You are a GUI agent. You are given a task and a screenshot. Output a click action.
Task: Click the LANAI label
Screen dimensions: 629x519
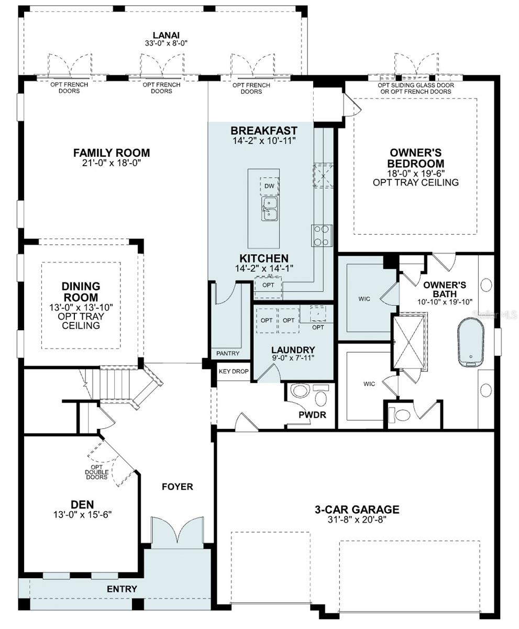point(167,35)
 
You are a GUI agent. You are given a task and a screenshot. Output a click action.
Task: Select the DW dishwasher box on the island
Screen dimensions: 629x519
point(269,186)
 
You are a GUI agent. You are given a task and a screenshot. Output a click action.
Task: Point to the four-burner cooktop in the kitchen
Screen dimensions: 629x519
point(322,235)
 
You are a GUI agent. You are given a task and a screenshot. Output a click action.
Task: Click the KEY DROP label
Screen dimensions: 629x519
point(234,371)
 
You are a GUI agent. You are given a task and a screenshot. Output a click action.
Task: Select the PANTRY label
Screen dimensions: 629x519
point(228,353)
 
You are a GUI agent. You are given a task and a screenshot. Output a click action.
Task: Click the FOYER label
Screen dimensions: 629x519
point(177,486)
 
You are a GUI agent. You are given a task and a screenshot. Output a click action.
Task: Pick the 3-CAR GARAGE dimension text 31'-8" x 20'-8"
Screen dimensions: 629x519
point(357,520)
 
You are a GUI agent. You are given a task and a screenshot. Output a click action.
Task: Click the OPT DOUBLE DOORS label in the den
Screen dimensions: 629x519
point(97,472)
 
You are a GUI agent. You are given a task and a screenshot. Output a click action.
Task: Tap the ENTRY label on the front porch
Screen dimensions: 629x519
point(122,589)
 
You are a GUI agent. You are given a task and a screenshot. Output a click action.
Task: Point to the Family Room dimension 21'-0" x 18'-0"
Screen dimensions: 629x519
point(112,163)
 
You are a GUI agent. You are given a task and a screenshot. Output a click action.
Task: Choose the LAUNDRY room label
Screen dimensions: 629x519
point(293,350)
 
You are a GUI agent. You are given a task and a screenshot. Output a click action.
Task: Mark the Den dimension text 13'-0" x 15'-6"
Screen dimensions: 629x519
point(82,515)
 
